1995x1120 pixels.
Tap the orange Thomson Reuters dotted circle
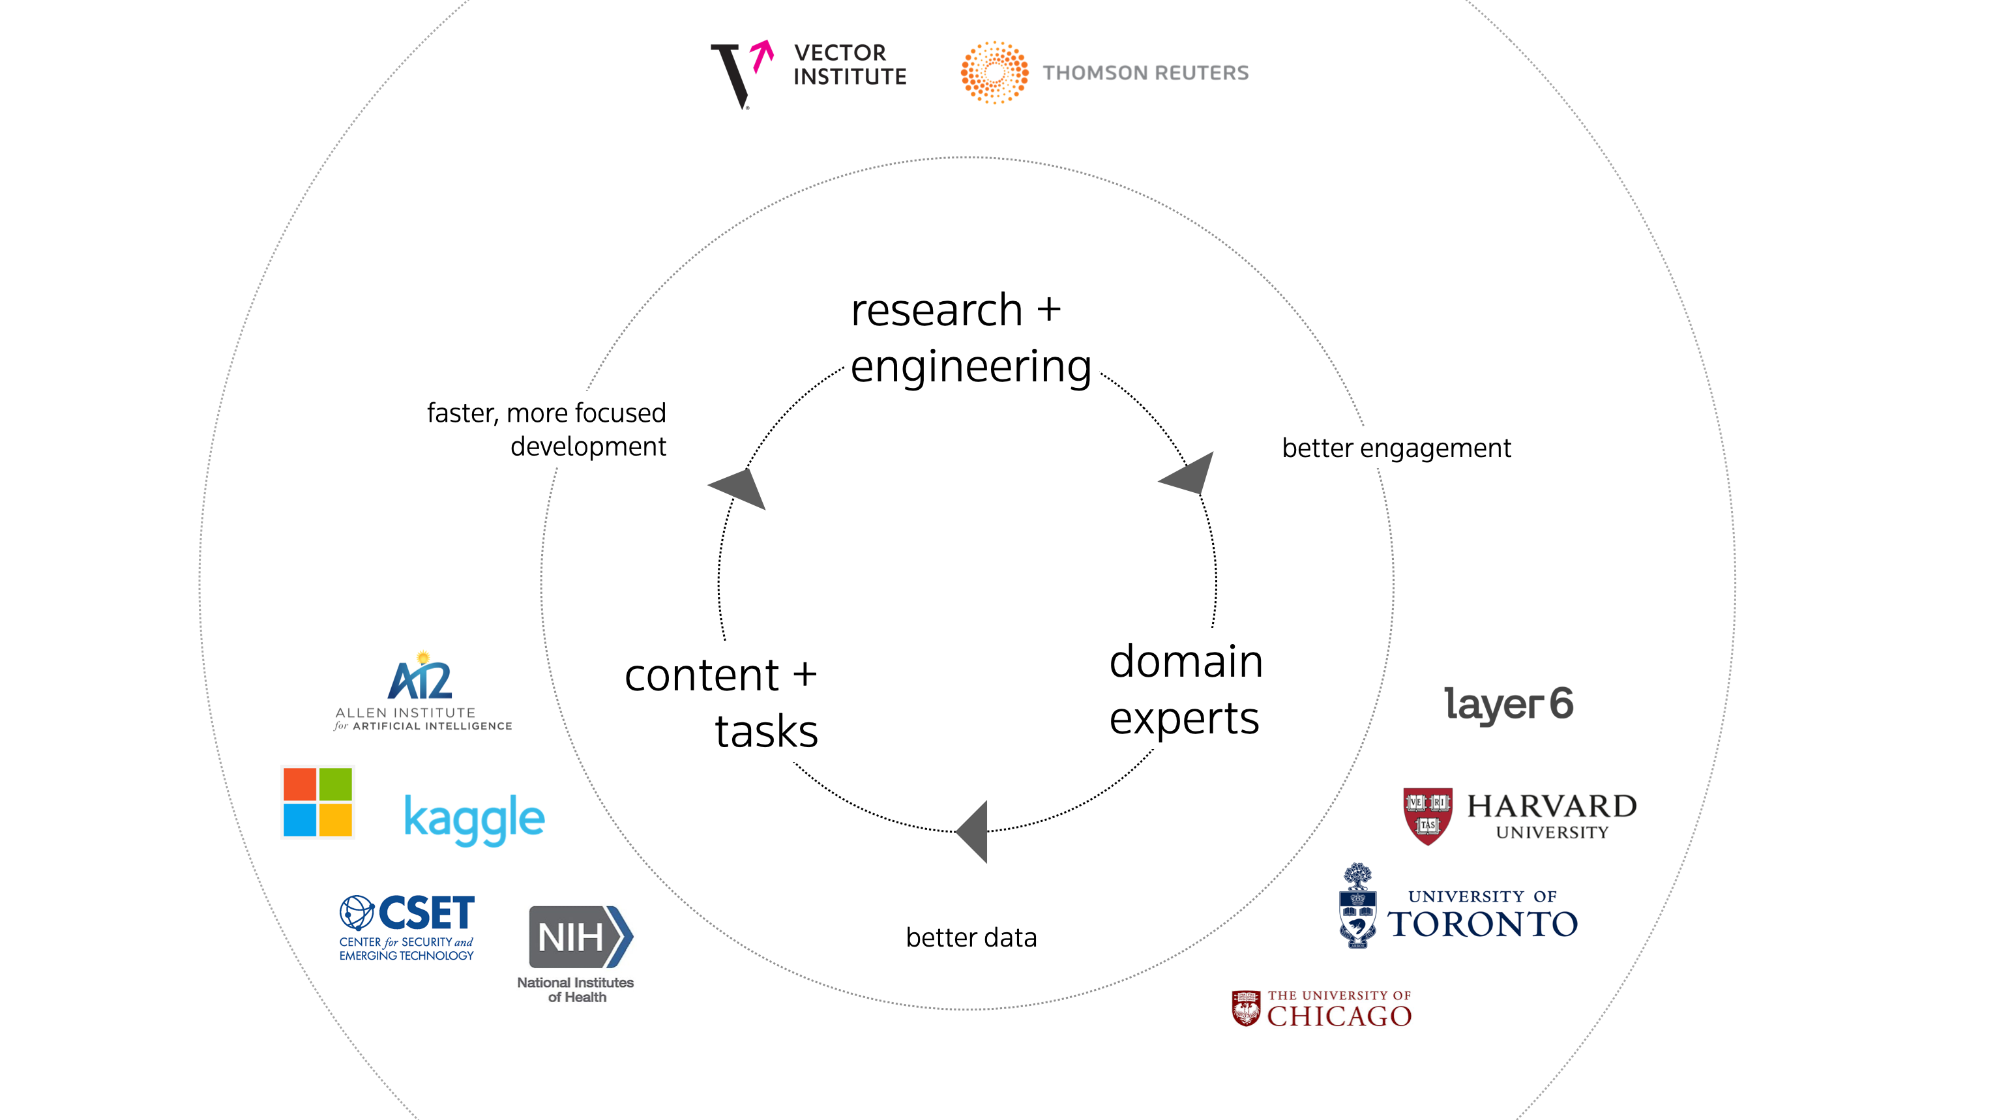(994, 73)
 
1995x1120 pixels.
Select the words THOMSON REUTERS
(1145, 73)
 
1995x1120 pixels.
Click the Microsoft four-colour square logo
(318, 802)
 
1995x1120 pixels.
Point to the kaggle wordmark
(474, 819)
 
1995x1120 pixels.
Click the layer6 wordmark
(1509, 704)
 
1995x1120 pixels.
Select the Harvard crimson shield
(1427, 816)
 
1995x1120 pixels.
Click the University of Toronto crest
(1357, 906)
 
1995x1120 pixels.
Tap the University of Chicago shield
(1245, 1009)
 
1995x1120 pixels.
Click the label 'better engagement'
(1396, 448)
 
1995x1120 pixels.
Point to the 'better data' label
(971, 937)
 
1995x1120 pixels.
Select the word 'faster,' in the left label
(462, 413)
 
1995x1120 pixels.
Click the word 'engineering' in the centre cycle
(970, 366)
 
